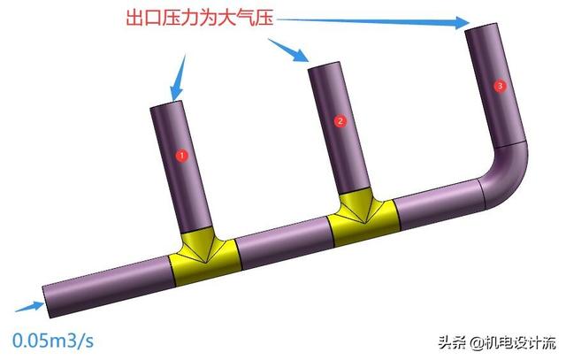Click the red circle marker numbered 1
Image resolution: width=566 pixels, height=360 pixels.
coord(182,155)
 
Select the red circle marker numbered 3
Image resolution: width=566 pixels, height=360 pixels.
coord(501,86)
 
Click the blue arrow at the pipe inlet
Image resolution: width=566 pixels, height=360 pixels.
coord(28,307)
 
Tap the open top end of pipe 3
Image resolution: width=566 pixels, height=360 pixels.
coord(483,31)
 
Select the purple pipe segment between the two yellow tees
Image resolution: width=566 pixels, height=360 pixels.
coord(283,241)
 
